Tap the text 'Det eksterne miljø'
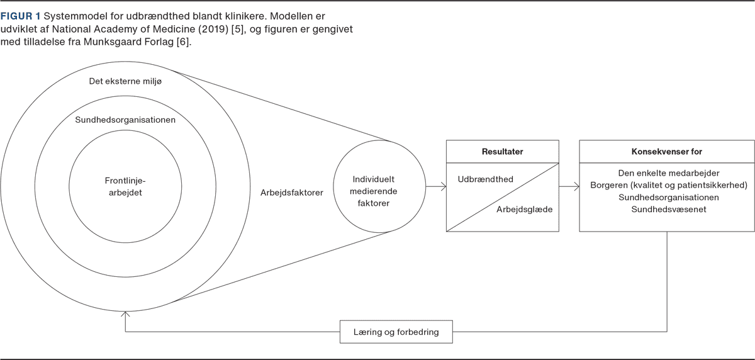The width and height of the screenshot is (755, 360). (x=127, y=81)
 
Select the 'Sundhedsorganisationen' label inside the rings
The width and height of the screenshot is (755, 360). (x=125, y=120)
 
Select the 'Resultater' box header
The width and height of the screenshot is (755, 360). (x=502, y=152)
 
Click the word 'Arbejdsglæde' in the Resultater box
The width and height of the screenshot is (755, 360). (x=524, y=209)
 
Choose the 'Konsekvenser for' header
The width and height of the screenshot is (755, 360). (x=666, y=152)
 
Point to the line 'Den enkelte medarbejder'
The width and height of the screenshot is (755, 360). (x=667, y=172)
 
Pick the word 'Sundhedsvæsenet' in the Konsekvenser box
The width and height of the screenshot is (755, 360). (x=667, y=210)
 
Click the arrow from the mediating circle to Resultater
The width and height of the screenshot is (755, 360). (x=435, y=186)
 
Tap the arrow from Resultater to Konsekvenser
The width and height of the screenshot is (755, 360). (x=569, y=186)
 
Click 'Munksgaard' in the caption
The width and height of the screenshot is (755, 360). (x=119, y=43)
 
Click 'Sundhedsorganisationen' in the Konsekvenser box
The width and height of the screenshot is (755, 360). (x=667, y=198)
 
